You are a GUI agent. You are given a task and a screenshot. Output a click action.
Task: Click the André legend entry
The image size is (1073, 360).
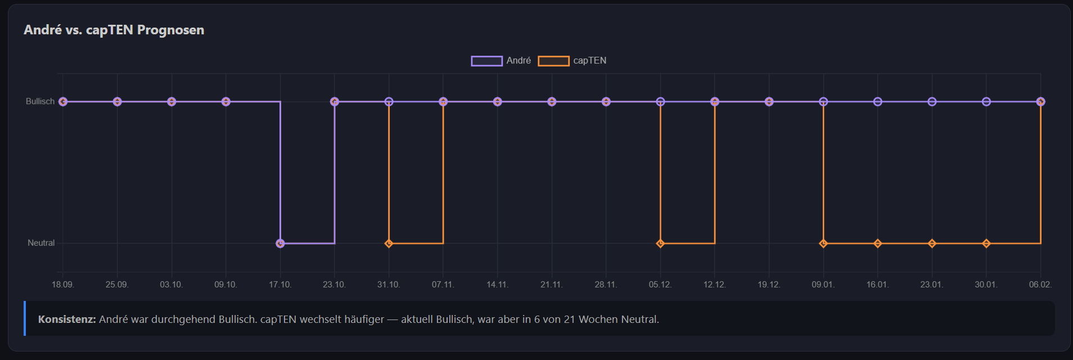click(x=501, y=61)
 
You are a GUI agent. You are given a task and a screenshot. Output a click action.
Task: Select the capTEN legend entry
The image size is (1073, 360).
click(x=572, y=61)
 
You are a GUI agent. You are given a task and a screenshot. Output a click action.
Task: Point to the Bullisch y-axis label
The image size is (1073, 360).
click(x=40, y=101)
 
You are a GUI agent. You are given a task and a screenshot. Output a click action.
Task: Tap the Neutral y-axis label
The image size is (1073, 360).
click(x=41, y=243)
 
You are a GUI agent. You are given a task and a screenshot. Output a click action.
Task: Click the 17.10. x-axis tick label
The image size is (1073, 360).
click(x=280, y=285)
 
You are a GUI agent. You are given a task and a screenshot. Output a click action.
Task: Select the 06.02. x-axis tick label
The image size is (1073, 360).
click(x=1040, y=285)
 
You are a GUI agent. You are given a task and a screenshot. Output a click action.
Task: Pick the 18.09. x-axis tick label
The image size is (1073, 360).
click(x=63, y=285)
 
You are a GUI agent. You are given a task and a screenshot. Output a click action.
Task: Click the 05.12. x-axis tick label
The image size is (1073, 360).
click(x=660, y=285)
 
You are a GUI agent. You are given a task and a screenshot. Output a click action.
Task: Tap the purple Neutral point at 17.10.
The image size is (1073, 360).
click(x=280, y=244)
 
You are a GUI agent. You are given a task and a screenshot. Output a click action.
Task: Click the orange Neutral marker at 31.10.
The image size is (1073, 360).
click(x=389, y=244)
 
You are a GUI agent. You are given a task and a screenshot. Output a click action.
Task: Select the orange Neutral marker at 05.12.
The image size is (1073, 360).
click(x=660, y=244)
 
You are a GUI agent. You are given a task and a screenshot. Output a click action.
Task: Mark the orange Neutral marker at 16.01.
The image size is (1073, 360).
click(x=877, y=244)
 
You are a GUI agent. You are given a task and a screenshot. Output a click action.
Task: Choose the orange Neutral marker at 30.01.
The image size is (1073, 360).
click(x=986, y=244)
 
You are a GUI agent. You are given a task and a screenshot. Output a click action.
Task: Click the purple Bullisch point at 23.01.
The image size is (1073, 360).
click(x=932, y=102)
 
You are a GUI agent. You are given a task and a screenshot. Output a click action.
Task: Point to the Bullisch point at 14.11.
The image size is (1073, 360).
click(x=497, y=102)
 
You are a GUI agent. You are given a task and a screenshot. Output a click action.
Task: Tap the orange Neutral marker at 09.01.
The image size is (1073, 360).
click(x=823, y=244)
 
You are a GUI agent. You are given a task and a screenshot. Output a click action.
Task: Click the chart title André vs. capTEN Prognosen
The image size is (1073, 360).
click(x=114, y=30)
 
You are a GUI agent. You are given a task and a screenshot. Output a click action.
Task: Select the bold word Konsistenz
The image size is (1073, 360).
click(x=67, y=319)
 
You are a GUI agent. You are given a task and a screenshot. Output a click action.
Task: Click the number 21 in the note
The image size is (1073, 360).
click(x=569, y=319)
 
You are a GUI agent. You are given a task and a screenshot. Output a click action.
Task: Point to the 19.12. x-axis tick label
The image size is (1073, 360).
click(x=769, y=285)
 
